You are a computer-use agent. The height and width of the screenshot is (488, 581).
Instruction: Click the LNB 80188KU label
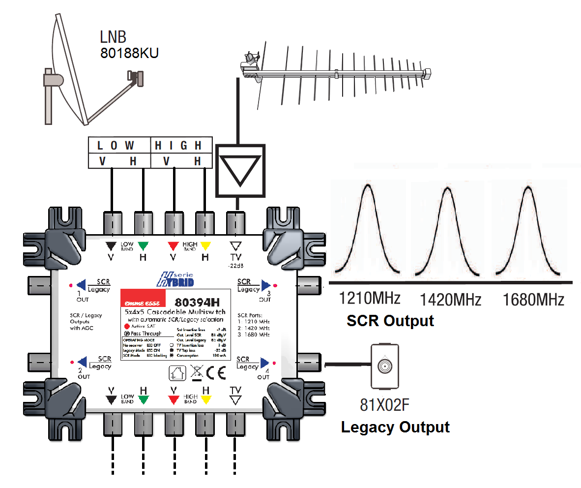point(129,45)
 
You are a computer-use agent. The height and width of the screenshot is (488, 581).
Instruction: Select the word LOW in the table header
point(116,146)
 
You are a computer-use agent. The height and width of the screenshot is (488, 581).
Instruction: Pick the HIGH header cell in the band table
point(178,146)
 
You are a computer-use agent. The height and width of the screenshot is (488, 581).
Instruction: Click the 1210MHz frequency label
point(369,299)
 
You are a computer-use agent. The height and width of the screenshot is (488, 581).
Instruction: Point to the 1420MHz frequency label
point(451,299)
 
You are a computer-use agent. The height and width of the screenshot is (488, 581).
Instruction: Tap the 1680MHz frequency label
point(534,299)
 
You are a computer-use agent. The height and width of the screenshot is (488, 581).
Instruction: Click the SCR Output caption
point(390,321)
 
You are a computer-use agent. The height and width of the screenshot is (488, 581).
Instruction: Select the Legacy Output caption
point(395,427)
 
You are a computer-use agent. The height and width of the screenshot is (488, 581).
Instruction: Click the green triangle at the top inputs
point(143,244)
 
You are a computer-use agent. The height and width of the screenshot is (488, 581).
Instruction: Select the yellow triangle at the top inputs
point(205,244)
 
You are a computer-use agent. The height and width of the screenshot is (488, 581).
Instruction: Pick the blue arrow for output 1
point(82,285)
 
